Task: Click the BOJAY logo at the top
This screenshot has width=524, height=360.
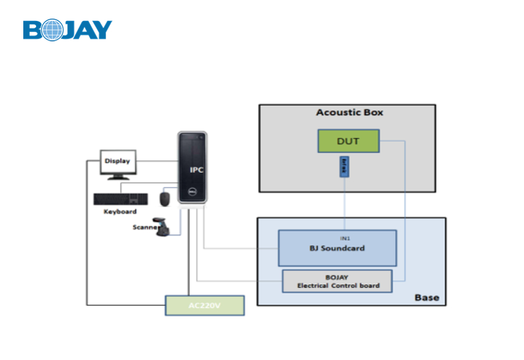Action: [x=68, y=30]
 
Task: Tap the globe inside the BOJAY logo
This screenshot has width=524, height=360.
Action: [x=51, y=30]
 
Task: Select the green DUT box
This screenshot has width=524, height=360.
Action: [x=348, y=141]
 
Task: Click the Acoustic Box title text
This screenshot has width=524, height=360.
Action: [x=349, y=112]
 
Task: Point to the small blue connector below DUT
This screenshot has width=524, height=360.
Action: [x=344, y=167]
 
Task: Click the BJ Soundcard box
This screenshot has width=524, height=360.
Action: [x=337, y=248]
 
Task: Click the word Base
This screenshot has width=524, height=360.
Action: [x=427, y=298]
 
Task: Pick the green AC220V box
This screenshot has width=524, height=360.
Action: [x=204, y=306]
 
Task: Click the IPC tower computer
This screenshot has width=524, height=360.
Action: [x=192, y=169]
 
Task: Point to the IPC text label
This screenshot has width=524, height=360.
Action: [x=196, y=170]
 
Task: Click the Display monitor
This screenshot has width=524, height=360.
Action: [x=118, y=161]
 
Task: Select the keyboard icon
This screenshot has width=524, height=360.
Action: [x=120, y=199]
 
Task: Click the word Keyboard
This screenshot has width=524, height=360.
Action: [x=120, y=211]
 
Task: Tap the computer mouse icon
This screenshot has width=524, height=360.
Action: [x=165, y=198]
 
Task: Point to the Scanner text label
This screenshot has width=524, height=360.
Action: [x=144, y=227]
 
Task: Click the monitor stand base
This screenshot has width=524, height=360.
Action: [x=118, y=177]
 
